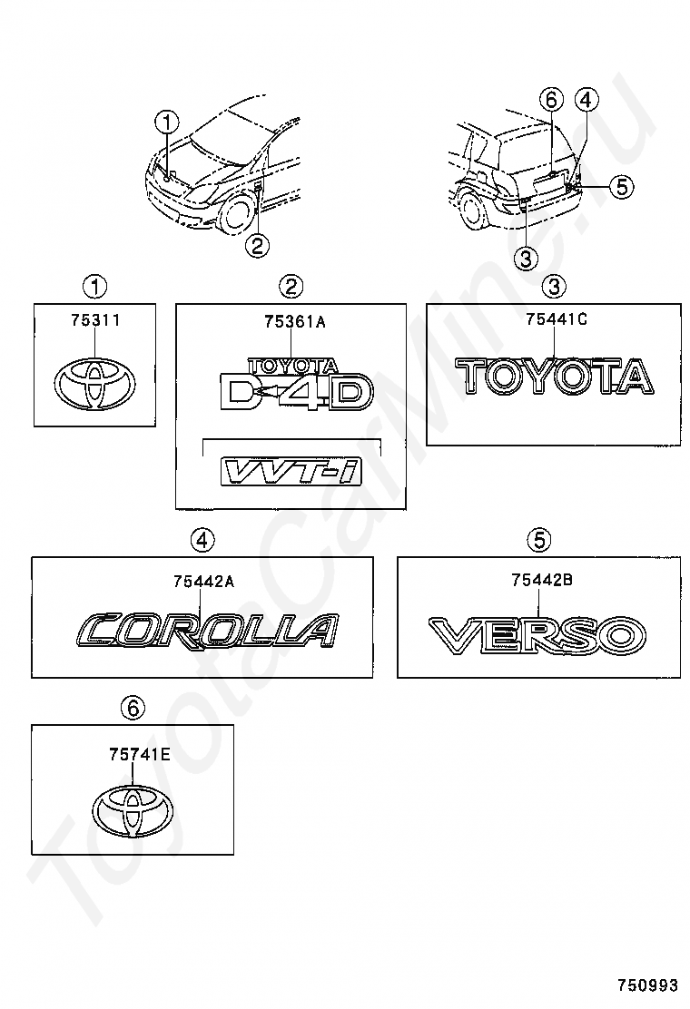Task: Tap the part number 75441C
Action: point(555,319)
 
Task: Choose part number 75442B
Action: point(541,581)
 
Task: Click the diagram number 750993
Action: point(648,985)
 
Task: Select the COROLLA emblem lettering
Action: point(208,630)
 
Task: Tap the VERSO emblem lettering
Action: point(537,634)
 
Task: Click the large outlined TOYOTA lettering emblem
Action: point(554,375)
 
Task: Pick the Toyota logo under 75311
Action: point(95,386)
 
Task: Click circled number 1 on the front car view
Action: point(167,121)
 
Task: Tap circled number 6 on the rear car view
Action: point(551,99)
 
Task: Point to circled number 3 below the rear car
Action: point(526,259)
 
